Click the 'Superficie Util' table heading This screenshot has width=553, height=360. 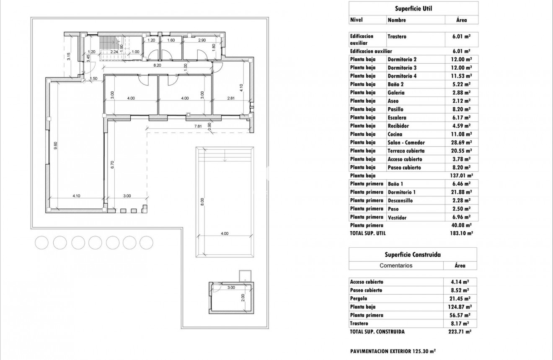click(413, 8)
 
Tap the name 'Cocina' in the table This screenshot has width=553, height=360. click(395, 134)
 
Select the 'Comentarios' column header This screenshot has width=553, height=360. click(396, 265)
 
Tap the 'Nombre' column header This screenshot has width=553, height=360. click(397, 20)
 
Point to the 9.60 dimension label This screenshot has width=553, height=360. click(55, 145)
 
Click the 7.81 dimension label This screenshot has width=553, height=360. click(198, 126)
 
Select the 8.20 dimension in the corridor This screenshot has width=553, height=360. click(158, 66)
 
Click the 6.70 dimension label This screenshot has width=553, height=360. click(112, 164)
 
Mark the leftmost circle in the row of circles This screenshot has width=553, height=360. click(42, 242)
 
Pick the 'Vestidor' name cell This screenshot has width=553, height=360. click(397, 218)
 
